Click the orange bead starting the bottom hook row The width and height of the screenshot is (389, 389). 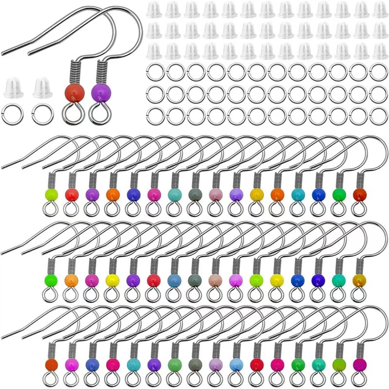(51, 365)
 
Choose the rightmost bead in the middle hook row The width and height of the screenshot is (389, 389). (359, 280)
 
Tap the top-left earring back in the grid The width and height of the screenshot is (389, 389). (154, 10)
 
